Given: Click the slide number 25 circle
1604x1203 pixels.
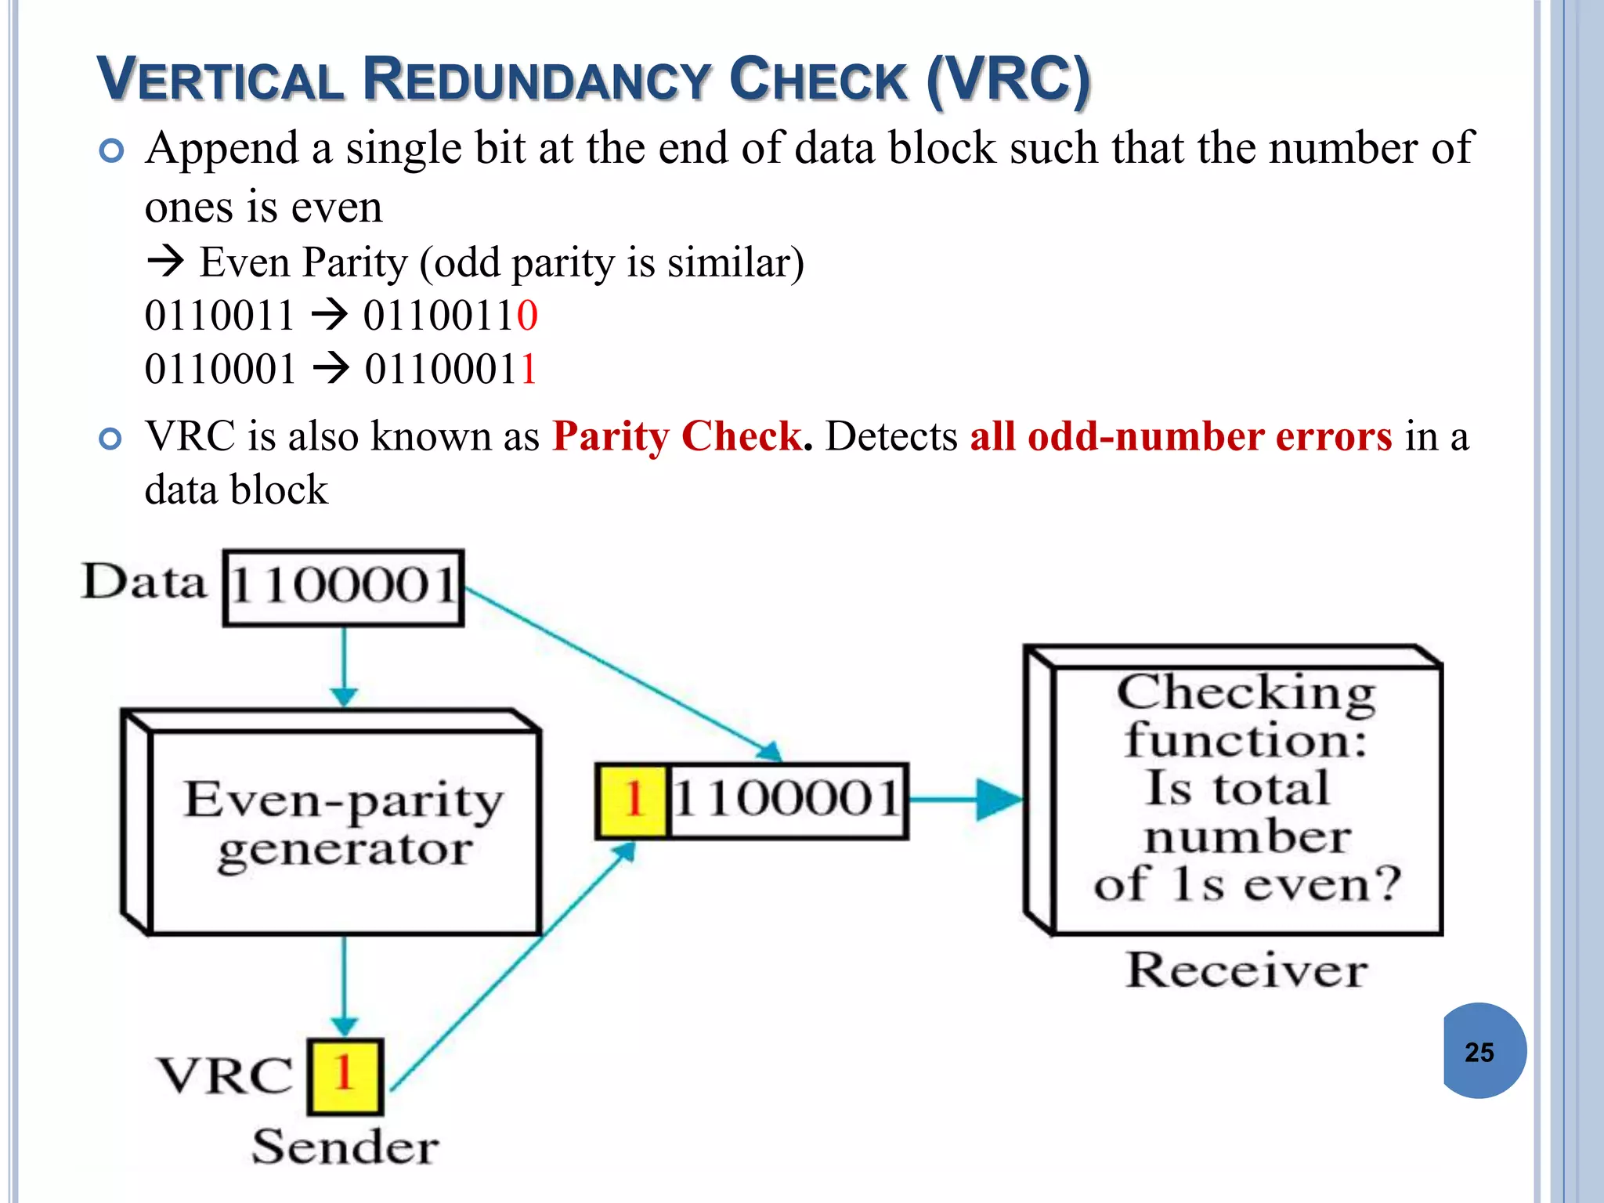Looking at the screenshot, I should (1482, 1051).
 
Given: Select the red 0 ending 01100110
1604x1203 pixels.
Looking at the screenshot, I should (528, 316).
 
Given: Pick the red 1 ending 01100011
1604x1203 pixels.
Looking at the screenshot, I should (529, 369).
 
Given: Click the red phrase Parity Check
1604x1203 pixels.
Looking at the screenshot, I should (677, 436).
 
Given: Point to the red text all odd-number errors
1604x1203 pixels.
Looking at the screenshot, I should (1180, 436).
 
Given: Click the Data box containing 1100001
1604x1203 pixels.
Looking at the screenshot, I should (344, 587).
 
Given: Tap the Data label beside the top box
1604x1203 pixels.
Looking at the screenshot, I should (145, 582).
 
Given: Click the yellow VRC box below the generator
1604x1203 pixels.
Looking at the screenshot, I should (345, 1075).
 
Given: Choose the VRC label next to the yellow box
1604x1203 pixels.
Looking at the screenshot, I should (226, 1075).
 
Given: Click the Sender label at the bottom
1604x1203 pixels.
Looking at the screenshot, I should (345, 1147).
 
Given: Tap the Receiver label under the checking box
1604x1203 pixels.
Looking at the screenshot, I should (1247, 970).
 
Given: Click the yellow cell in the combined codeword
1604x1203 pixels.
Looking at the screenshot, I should (632, 800).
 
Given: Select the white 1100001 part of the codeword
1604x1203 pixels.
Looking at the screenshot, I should (787, 800).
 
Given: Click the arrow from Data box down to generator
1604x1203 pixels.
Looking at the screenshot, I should (345, 666).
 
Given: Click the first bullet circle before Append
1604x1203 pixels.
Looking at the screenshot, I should (111, 150).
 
